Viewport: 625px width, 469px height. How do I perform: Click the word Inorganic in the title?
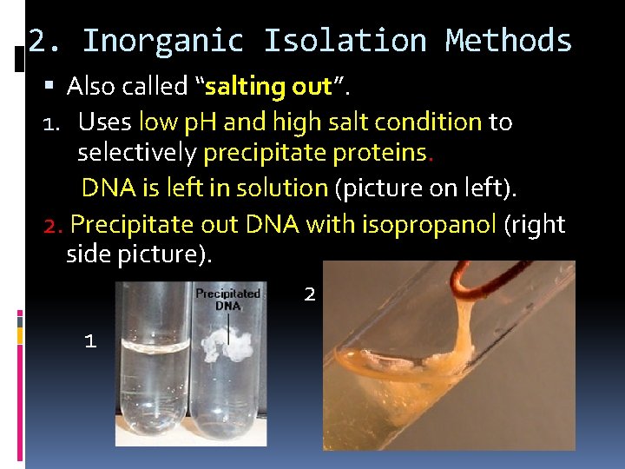(x=162, y=41)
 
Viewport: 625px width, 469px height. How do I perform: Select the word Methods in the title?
(x=508, y=41)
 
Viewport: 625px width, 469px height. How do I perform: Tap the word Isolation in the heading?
(x=345, y=41)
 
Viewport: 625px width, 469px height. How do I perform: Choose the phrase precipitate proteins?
(x=315, y=154)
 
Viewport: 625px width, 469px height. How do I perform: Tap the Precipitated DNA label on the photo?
(x=228, y=300)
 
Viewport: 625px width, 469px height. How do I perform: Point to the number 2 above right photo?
(x=310, y=294)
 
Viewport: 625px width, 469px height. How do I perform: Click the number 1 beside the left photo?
(x=89, y=341)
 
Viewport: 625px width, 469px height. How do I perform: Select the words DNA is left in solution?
(x=204, y=188)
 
